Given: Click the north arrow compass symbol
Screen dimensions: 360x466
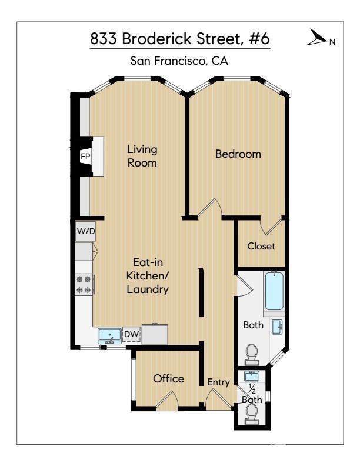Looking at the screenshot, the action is pos(316,38).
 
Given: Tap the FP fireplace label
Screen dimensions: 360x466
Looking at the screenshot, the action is pos(85,157).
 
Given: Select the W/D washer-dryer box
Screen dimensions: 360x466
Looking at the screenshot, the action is pos(85,231).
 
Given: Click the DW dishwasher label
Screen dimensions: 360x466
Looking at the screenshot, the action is pos(131,334).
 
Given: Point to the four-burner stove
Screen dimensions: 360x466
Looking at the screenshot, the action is pos(84,285).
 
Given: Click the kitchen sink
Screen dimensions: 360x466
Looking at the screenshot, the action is pos(109,336).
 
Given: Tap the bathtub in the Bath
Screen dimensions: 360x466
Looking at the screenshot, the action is pos(274,291).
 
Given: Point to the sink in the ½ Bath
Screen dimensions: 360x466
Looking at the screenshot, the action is pos(252,376).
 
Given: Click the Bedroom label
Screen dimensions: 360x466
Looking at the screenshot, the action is pos(238,154).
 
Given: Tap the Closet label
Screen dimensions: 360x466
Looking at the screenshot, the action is pos(261,246).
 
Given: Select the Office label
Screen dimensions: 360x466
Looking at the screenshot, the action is pos(168,379).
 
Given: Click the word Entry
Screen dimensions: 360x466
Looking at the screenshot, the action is pos(218,382).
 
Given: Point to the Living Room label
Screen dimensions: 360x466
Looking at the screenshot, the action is pos(142,156).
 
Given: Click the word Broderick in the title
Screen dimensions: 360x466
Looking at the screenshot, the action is pos(157,39).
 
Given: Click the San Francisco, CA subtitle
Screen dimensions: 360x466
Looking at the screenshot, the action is pos(179,61).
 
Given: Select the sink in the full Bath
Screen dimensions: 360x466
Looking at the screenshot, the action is pos(278,327).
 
